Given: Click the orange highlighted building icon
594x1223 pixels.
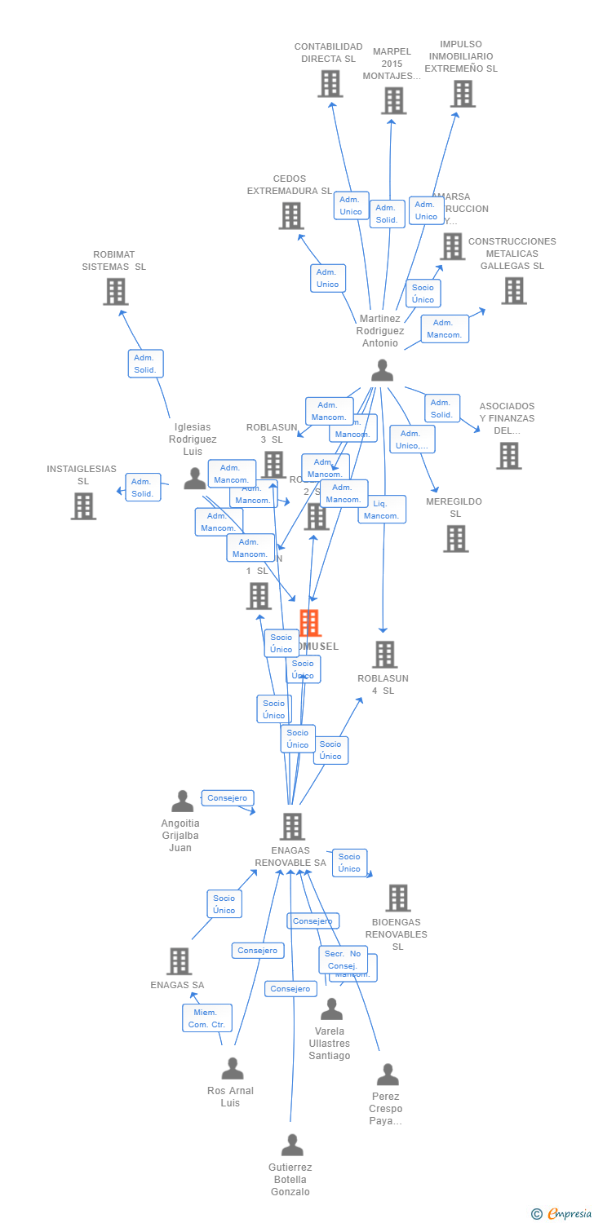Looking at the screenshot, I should [x=309, y=623].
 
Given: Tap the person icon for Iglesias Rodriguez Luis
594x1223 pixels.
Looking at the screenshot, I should [x=195, y=478].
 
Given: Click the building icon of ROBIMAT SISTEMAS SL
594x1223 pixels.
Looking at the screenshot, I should [x=116, y=291].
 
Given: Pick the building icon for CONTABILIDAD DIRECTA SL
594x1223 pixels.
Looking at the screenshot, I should [x=330, y=84].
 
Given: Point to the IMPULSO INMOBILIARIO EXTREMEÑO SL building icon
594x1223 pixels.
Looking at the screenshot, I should [x=463, y=94].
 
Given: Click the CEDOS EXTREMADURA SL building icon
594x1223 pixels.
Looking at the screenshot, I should [x=290, y=215].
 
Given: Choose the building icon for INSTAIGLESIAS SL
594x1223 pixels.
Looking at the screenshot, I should [x=83, y=506].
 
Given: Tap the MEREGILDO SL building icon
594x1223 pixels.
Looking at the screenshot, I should [x=455, y=538].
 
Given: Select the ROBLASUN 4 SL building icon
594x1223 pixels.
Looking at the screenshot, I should [x=384, y=654].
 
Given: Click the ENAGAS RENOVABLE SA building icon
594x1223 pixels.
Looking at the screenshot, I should [x=291, y=826].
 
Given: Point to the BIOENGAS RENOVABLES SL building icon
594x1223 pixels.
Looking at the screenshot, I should [x=397, y=898].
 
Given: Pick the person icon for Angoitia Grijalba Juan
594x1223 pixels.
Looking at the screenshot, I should [x=182, y=801].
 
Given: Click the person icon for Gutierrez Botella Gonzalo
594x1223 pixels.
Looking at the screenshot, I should [x=291, y=1145].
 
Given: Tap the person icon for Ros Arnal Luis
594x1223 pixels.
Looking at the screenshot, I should [x=233, y=1068].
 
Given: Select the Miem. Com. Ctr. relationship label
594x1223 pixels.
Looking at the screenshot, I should [x=207, y=1018].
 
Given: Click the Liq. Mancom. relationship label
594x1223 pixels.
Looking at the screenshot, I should [x=382, y=510].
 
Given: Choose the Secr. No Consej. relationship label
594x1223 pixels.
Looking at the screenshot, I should [x=343, y=960].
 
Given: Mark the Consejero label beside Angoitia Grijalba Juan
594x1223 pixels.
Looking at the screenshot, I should [x=228, y=798].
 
